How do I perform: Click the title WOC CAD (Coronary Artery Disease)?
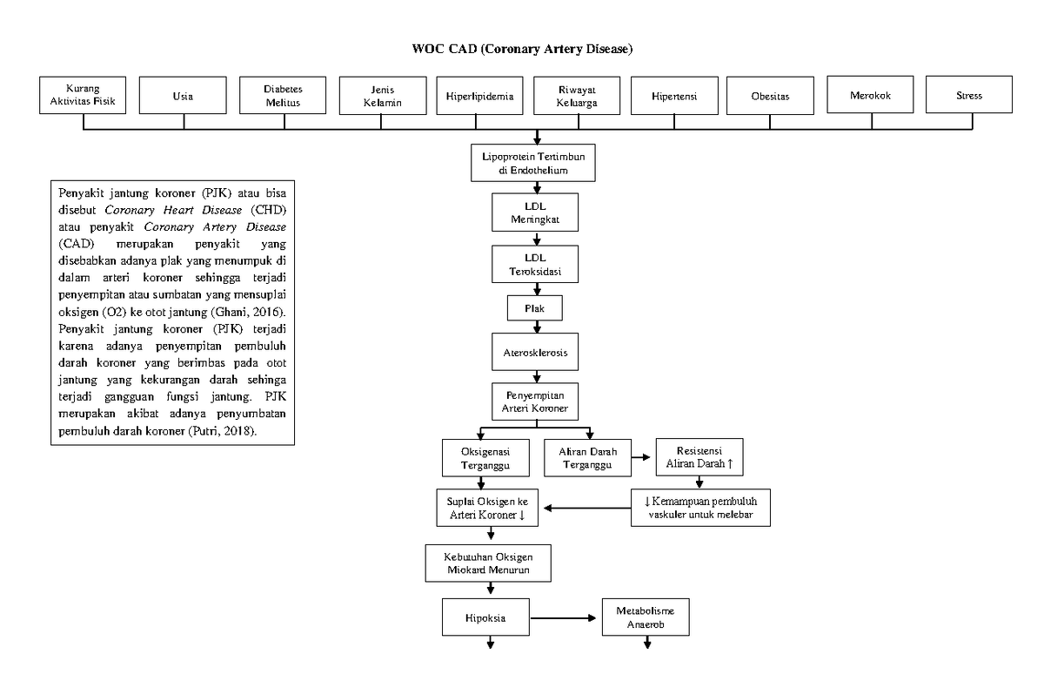coord(522,49)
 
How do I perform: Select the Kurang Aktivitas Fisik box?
coord(83,95)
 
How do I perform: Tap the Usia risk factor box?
coord(183,96)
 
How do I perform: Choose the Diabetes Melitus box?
coord(284,95)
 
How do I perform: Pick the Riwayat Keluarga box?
coord(577,95)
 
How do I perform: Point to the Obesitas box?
coord(770,96)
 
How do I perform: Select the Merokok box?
coord(871,95)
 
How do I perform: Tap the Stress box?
coord(968,96)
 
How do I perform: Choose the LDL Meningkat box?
coord(536,213)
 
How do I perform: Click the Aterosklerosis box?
coord(536,353)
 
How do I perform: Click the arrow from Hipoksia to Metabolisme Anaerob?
coord(565,619)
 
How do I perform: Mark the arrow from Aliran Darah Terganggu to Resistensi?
coord(643,456)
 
